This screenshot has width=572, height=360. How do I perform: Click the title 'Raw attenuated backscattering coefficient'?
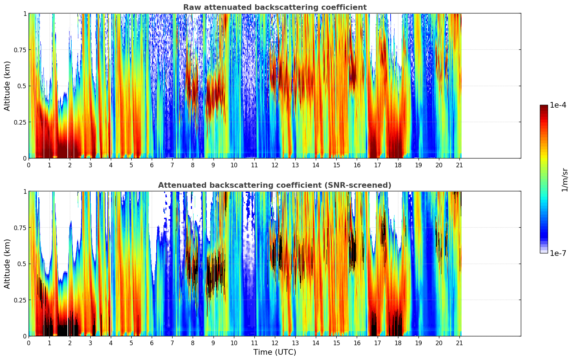click(x=275, y=7)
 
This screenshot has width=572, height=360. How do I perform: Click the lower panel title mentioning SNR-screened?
click(x=275, y=185)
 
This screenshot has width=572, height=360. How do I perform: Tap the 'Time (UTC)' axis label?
click(x=275, y=352)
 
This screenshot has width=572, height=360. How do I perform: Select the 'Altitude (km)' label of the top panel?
click(x=7, y=86)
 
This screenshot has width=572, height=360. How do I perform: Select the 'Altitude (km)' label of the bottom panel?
click(x=7, y=264)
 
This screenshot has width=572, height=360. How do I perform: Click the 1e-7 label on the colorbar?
click(x=558, y=253)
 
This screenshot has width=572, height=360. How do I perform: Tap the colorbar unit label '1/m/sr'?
click(x=565, y=180)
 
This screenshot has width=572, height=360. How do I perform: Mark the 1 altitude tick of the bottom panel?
click(x=25, y=191)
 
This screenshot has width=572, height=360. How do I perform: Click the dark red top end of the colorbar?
click(x=544, y=107)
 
